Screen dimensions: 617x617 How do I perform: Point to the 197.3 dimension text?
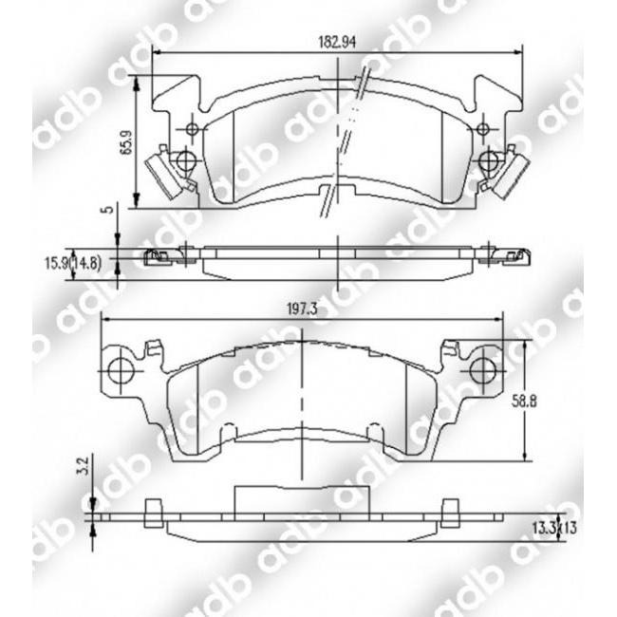tap(300, 308)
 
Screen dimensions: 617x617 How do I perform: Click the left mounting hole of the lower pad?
tap(120, 371)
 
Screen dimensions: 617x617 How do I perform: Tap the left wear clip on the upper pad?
tap(163, 173)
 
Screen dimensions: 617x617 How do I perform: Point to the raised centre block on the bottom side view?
tap(300, 499)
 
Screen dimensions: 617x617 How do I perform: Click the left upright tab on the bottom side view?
tap(149, 514)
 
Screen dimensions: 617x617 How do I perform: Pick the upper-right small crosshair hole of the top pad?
tap(483, 128)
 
